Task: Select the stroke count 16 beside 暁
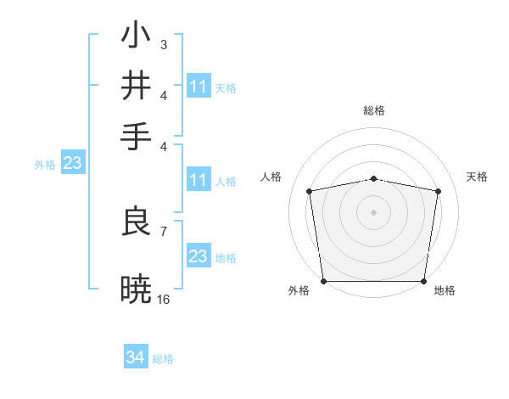click(164, 299)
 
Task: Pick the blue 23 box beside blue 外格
click(72, 164)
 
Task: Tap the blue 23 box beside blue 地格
click(198, 256)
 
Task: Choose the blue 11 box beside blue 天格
click(198, 87)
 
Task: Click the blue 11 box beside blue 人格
click(198, 180)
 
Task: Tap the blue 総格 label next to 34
click(163, 359)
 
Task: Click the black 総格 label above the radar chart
click(374, 110)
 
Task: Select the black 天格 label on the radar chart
click(478, 177)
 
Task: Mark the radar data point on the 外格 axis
click(323, 281)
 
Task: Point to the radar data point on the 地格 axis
click(424, 281)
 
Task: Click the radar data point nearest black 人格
click(310, 191)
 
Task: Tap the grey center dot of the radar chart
click(374, 211)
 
